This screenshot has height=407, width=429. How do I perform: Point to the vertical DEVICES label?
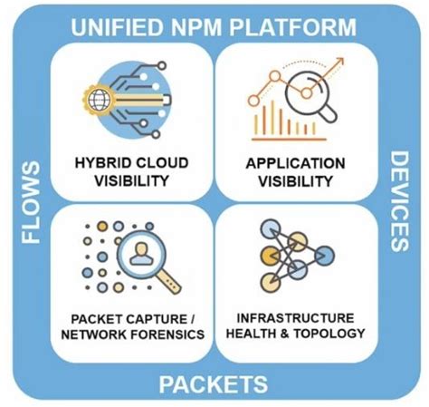(x=399, y=201)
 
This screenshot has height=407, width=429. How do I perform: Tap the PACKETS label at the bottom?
(x=214, y=383)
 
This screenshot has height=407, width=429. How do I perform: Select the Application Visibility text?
(x=295, y=172)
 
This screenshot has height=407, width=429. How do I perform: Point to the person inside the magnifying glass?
(x=140, y=255)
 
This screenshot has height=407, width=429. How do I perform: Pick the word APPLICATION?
(x=295, y=164)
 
